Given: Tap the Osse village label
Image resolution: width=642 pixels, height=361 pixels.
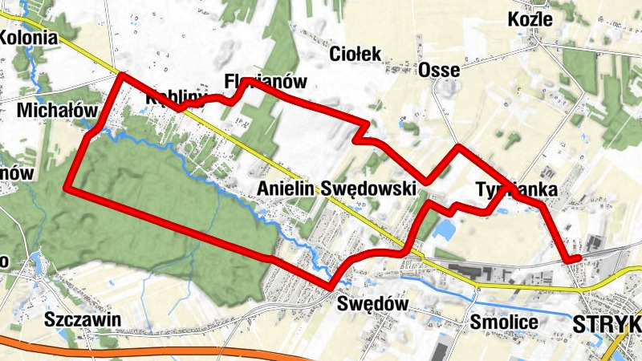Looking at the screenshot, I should [x=439, y=71].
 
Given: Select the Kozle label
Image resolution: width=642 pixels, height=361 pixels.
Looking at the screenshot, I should [x=531, y=19].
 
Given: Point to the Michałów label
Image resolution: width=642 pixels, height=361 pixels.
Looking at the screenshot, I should [x=56, y=110].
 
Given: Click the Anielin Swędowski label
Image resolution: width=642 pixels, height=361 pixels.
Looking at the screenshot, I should [x=337, y=189].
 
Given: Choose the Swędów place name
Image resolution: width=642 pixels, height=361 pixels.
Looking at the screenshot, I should [x=373, y=304].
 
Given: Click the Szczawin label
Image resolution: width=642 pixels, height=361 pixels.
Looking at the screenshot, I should [x=83, y=319].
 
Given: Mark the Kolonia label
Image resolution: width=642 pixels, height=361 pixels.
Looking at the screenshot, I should [x=29, y=37].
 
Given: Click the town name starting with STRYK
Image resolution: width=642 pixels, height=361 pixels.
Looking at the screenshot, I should [x=607, y=324].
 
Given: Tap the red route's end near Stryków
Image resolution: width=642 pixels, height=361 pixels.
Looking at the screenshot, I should [x=578, y=258].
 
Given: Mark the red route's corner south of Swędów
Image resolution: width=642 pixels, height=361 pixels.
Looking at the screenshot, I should [x=330, y=286].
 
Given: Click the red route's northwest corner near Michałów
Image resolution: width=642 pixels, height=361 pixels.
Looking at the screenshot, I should [x=122, y=75].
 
